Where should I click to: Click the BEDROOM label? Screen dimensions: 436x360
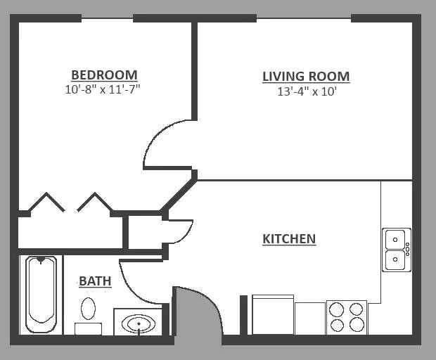[x=104, y=75]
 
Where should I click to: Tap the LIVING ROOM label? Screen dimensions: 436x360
[x=306, y=77]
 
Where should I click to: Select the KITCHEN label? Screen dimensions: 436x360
[x=289, y=239]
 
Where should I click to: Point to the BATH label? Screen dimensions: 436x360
[x=95, y=281]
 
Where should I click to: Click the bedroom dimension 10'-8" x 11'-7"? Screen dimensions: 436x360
[x=103, y=89]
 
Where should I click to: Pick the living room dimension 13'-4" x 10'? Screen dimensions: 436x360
[x=307, y=91]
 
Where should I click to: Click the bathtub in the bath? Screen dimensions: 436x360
[x=41, y=294]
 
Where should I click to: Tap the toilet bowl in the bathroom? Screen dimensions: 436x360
[x=88, y=309]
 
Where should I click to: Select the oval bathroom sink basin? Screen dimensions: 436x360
[x=139, y=323]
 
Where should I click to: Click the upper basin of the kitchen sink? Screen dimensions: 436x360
[x=395, y=239]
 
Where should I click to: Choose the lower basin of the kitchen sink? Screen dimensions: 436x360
[x=395, y=259]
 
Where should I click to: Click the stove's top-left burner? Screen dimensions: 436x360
[x=337, y=309]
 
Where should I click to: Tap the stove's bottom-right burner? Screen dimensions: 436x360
[x=357, y=324]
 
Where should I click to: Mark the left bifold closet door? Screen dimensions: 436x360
[x=46, y=202]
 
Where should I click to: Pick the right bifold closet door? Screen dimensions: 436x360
[x=95, y=202]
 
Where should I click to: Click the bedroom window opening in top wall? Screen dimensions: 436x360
[x=107, y=18]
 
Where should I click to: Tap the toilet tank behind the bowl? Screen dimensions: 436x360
[x=88, y=329]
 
